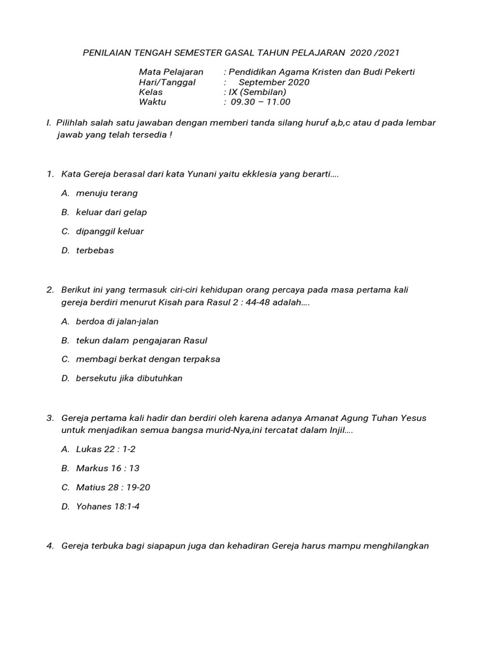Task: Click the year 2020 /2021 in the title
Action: pyautogui.click(x=375, y=52)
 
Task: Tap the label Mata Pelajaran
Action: pyautogui.click(x=170, y=72)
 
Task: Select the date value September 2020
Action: pyautogui.click(x=274, y=82)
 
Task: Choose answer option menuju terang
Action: pyautogui.click(x=107, y=193)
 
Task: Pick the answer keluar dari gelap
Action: pyautogui.click(x=112, y=212)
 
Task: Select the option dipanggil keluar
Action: pyautogui.click(x=110, y=231)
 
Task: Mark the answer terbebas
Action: pyautogui.click(x=95, y=250)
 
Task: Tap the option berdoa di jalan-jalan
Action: pyautogui.click(x=117, y=321)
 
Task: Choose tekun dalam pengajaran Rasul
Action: pyautogui.click(x=142, y=341)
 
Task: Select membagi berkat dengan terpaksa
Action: pyautogui.click(x=148, y=359)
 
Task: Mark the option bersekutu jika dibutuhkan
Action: pyautogui.click(x=130, y=378)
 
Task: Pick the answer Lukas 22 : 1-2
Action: pyautogui.click(x=105, y=449)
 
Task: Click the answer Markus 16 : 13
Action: pyautogui.click(x=108, y=468)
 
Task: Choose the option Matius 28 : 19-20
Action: pyautogui.click(x=113, y=487)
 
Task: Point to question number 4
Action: pyautogui.click(x=50, y=546)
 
